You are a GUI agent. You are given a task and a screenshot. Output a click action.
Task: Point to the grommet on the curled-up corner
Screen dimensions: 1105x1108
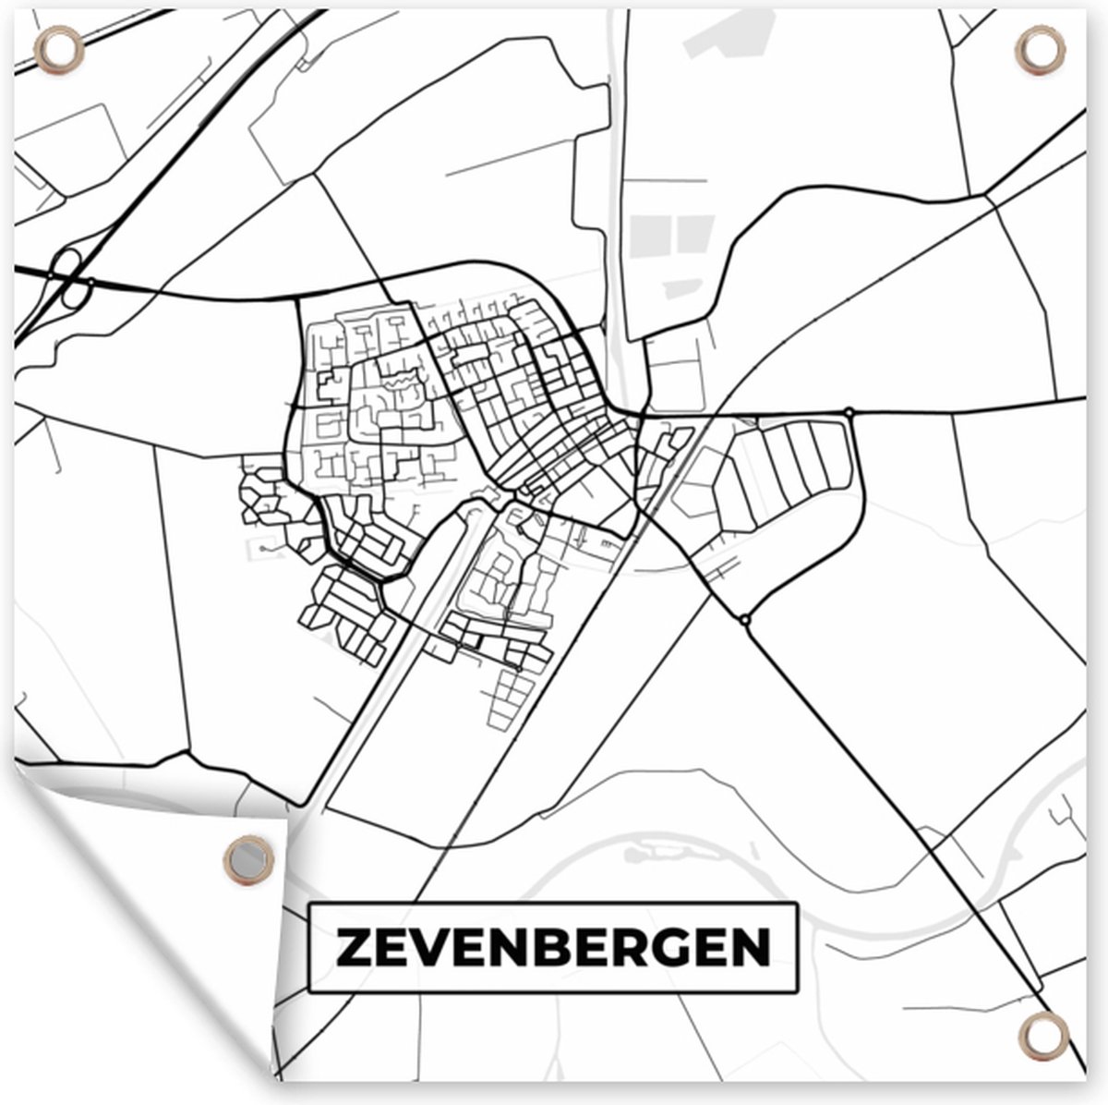click(x=249, y=858)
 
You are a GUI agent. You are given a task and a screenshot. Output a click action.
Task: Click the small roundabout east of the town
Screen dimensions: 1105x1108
click(x=849, y=412)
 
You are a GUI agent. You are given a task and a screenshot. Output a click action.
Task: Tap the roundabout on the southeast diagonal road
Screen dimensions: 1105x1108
click(x=745, y=618)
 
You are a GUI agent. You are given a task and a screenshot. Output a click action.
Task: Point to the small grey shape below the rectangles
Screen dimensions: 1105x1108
click(x=684, y=286)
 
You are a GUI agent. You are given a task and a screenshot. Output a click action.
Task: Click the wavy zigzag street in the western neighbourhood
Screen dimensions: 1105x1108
click(x=399, y=379)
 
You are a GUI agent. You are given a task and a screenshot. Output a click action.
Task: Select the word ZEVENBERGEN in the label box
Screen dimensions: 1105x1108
click(x=552, y=948)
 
